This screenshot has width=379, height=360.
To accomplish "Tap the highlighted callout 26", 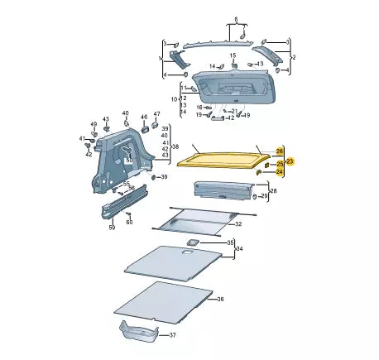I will [280, 150].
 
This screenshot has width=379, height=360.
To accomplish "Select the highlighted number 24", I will [280, 172].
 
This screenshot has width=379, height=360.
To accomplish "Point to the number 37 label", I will [173, 335].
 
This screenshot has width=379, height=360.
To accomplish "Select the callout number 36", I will [220, 299].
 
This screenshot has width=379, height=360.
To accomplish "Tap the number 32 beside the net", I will [238, 224].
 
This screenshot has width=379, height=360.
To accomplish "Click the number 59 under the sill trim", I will [112, 228].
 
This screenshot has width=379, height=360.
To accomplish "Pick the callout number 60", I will [129, 223].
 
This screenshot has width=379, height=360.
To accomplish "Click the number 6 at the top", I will [235, 18].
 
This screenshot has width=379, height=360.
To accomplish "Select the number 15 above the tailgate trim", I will [233, 55].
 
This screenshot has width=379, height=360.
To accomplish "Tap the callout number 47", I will [156, 113].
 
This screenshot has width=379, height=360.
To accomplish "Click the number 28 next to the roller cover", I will [274, 191].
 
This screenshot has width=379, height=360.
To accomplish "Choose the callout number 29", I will [264, 197].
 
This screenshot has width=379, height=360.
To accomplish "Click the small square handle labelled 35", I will [190, 242].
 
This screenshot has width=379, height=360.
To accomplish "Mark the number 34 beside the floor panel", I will [240, 248].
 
